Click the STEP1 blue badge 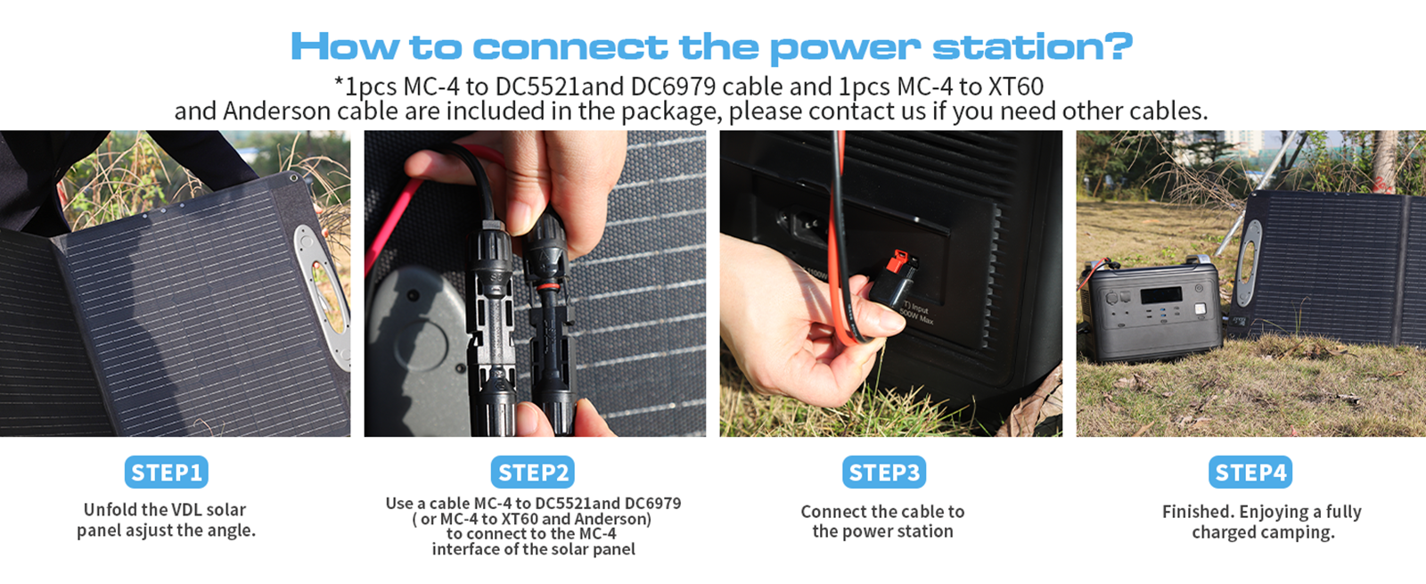(x=166, y=472)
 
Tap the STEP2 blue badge (x=533, y=472)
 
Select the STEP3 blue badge (x=884, y=472)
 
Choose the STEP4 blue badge (x=1250, y=472)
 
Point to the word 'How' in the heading (x=344, y=46)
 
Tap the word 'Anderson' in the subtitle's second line (x=276, y=111)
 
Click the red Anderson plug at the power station (x=899, y=262)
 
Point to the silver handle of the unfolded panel (x=322, y=293)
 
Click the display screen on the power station (x=1161, y=295)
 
